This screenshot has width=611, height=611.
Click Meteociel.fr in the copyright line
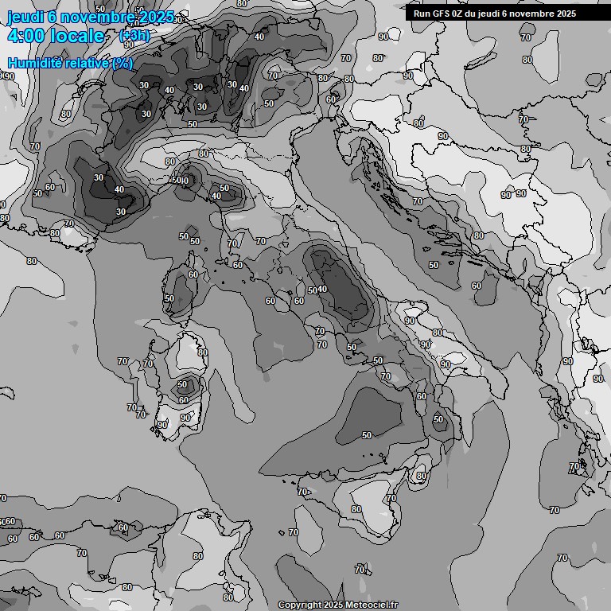tap(372, 605)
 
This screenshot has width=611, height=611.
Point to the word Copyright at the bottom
tap(300, 605)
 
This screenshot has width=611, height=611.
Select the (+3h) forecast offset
tap(134, 36)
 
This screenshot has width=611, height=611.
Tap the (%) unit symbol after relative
tap(123, 64)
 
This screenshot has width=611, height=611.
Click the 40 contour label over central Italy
tap(322, 289)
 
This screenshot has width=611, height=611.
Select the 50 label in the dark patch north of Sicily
tap(367, 435)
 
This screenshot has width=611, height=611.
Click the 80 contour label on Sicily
tap(356, 509)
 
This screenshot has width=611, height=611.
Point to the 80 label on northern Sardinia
tap(202, 352)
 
